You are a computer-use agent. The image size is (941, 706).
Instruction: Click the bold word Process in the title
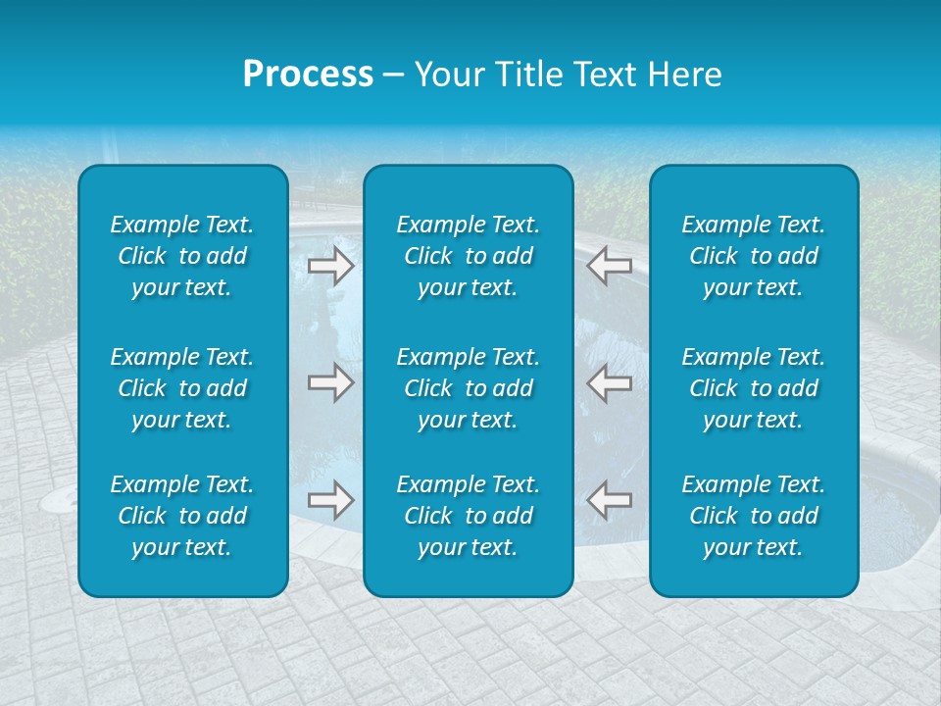pyautogui.click(x=308, y=75)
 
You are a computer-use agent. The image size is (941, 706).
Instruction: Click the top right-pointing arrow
pyautogui.click(x=330, y=266)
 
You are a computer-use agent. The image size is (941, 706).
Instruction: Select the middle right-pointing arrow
pyautogui.click(x=330, y=383)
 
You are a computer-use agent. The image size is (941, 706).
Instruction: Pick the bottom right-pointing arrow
pyautogui.click(x=330, y=500)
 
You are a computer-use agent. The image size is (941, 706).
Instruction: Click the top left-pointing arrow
pyautogui.click(x=610, y=266)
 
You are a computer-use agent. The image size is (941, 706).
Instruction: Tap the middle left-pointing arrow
pyautogui.click(x=610, y=383)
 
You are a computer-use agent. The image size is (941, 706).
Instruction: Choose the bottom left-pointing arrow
pyautogui.click(x=610, y=500)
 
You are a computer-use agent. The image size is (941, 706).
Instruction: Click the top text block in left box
pyautogui.click(x=182, y=256)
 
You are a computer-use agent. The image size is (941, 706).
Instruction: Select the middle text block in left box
pyautogui.click(x=182, y=388)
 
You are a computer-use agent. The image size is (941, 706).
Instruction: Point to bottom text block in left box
pyautogui.click(x=182, y=516)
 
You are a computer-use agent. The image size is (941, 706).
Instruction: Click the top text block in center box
pyautogui.click(x=469, y=256)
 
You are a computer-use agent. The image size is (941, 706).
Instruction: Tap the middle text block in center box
pyautogui.click(x=469, y=388)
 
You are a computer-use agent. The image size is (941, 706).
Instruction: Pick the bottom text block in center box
pyautogui.click(x=469, y=516)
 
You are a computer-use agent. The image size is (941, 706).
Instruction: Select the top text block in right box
pyautogui.click(x=754, y=256)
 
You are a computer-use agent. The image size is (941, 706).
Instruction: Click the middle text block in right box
pyautogui.click(x=754, y=388)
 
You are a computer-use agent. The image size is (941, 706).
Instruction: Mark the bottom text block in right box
pyautogui.click(x=754, y=516)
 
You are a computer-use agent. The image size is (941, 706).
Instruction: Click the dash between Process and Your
pyautogui.click(x=393, y=76)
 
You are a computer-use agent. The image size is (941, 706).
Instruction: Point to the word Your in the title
pyautogui.click(x=450, y=75)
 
